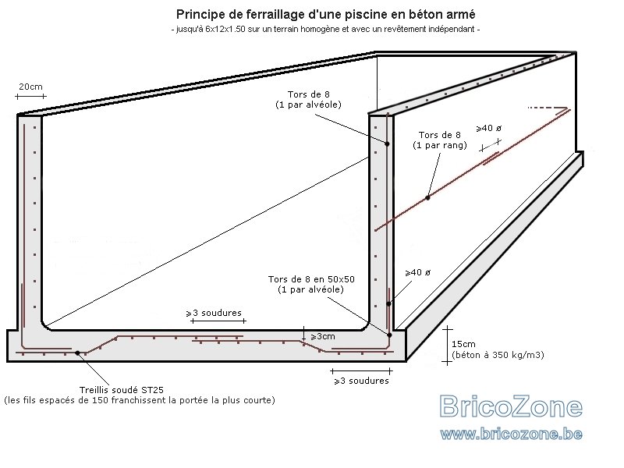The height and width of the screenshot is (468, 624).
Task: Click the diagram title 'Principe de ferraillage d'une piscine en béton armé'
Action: coord(325,15)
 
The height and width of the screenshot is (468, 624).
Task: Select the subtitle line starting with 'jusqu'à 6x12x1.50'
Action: coord(325,29)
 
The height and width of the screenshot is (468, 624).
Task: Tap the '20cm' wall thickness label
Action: coord(30,87)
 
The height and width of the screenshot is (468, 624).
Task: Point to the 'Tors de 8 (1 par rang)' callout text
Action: coord(439,140)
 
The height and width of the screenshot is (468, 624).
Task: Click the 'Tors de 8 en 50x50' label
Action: coord(311,279)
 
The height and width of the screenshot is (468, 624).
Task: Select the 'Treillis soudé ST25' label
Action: coord(122,390)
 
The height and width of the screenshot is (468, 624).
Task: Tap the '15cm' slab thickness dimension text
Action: coord(463,344)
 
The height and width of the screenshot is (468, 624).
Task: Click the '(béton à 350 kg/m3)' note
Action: coord(498,355)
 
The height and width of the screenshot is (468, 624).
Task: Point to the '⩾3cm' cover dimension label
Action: coord(323,337)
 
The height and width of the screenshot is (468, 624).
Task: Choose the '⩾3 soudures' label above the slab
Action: coord(214,314)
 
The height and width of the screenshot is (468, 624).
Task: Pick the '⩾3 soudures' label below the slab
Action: coord(361,381)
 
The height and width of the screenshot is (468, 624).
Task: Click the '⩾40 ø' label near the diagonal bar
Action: coord(489,129)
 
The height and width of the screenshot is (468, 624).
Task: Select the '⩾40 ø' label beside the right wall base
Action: coord(418,272)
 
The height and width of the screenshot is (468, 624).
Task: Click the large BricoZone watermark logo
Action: coord(512,406)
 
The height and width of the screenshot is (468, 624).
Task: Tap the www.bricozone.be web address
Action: coord(512,434)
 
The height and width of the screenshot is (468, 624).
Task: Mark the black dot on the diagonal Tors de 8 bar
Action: coord(427,198)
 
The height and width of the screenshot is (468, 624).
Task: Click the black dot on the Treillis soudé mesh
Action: coord(77,353)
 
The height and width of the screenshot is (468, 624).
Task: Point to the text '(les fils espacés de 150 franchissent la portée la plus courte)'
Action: coord(140,400)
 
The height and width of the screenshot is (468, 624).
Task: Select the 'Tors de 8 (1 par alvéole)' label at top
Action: coord(308,100)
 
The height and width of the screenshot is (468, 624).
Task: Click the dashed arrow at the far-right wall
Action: coord(548,108)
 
